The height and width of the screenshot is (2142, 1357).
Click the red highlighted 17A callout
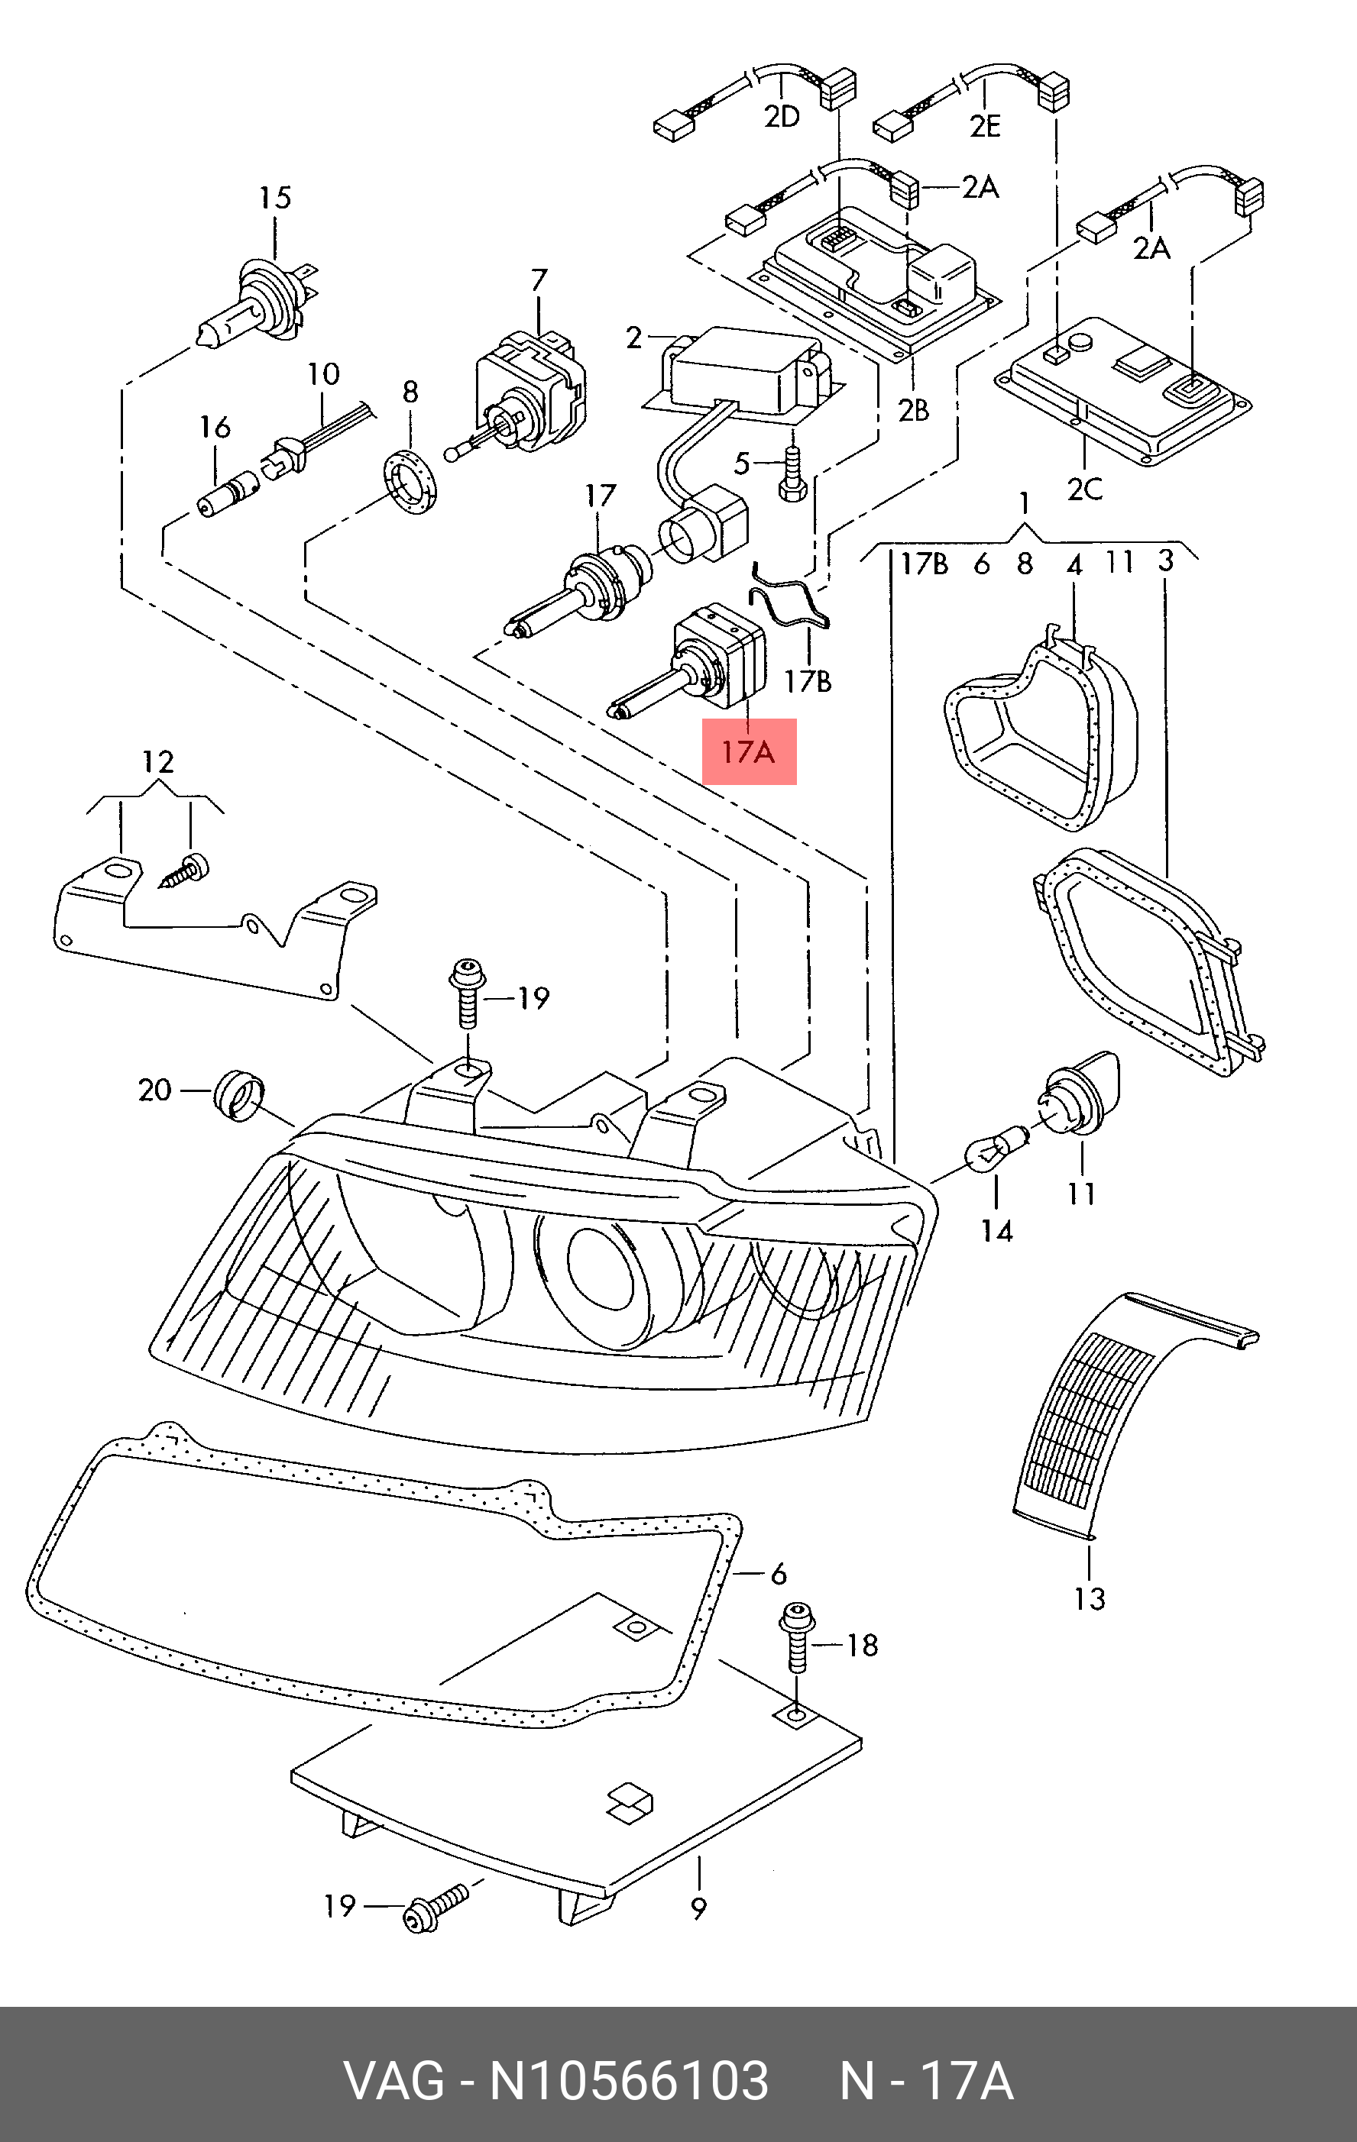(748, 751)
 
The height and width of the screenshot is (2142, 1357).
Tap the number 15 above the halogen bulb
(275, 198)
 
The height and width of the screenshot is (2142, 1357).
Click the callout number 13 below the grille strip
(1089, 1598)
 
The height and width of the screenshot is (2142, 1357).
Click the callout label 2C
(1085, 489)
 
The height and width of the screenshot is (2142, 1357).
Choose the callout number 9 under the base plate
(698, 1907)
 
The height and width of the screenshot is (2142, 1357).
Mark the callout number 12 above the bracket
(157, 762)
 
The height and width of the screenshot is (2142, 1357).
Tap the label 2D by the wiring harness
(782, 117)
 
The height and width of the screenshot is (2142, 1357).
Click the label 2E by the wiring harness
(985, 125)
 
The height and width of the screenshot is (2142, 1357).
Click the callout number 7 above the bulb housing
(539, 280)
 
